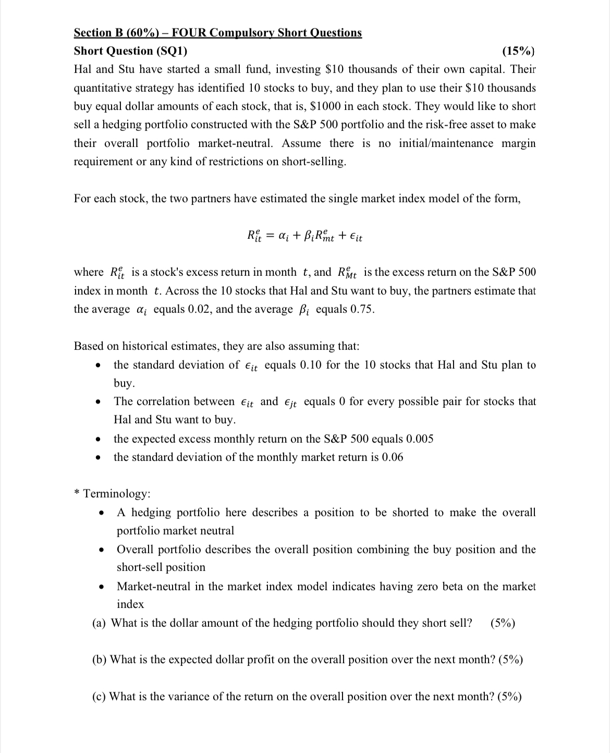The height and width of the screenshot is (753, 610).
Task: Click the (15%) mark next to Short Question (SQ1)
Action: [x=518, y=51]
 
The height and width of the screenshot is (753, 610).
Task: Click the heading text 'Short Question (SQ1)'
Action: [x=131, y=51]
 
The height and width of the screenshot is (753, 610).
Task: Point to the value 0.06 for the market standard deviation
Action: [x=392, y=457]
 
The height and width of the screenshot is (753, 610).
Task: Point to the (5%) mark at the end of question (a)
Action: [x=503, y=623]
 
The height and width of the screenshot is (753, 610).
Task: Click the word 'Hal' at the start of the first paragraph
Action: [x=84, y=69]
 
